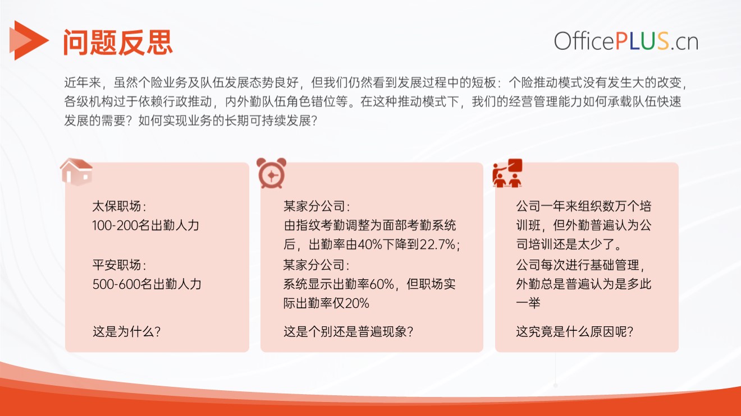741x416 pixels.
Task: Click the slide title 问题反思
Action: click(118, 42)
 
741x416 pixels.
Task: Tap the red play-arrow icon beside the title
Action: click(29, 40)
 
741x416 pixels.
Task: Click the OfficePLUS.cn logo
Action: click(626, 41)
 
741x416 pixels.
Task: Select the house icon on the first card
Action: click(76, 172)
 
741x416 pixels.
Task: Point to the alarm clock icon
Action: click(271, 173)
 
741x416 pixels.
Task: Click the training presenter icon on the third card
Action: click(507, 173)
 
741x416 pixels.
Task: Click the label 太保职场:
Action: click(120, 206)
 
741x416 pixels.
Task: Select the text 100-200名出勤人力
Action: click(146, 225)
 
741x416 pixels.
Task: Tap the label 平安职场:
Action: click(120, 265)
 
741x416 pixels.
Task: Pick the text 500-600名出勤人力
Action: click(147, 284)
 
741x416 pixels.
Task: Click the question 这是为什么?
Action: click(127, 331)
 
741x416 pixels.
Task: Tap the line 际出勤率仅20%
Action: click(326, 303)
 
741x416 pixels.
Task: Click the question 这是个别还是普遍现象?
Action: click(349, 331)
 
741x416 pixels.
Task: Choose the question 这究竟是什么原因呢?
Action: click(575, 331)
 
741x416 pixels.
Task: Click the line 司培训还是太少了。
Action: click(569, 244)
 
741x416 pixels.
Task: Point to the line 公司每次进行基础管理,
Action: click(580, 265)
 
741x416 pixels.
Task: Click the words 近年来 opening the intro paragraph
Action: click(83, 82)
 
